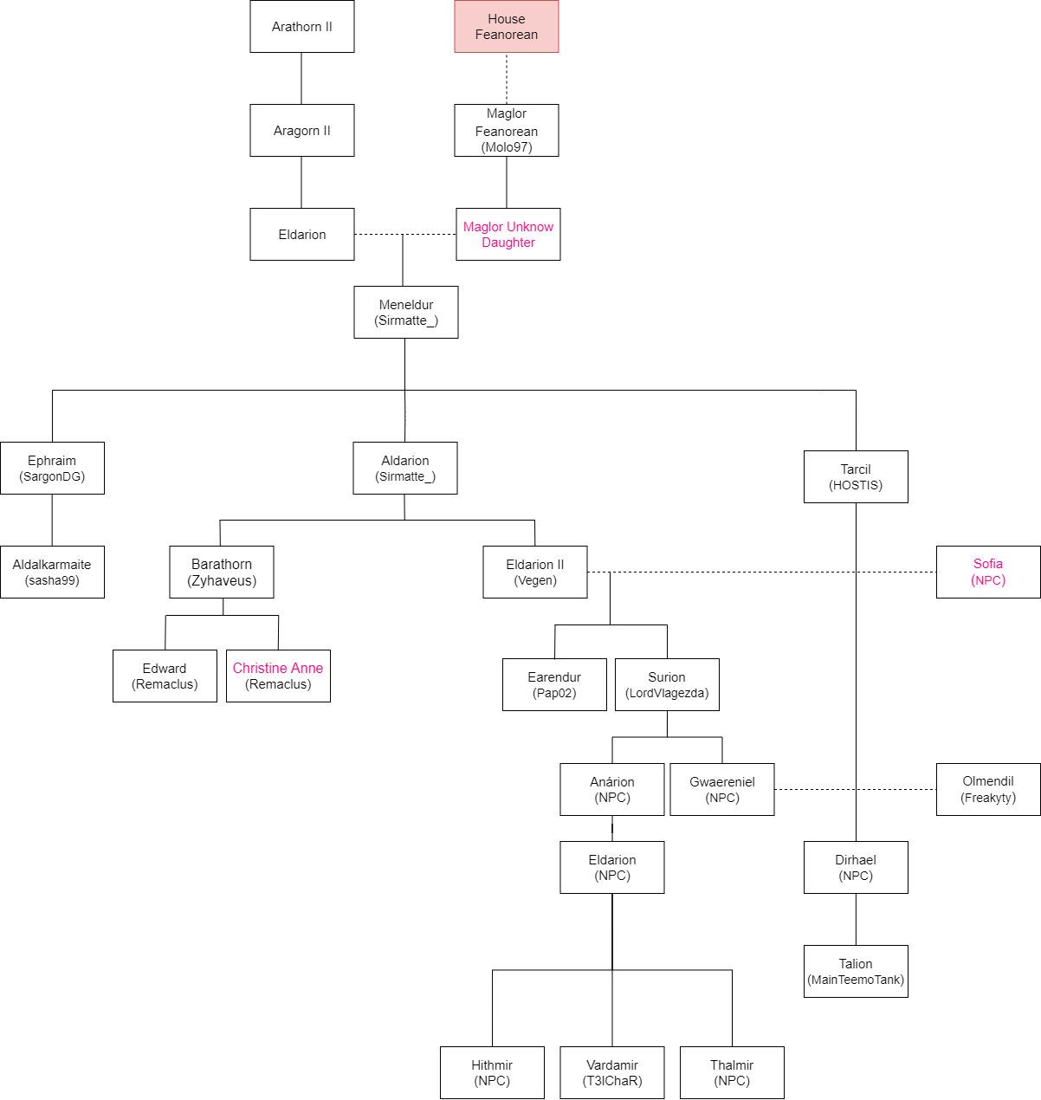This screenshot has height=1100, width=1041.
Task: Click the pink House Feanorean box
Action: pos(507,27)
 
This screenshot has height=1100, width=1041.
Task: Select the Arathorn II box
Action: pos(302,27)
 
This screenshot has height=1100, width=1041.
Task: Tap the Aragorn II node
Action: pos(302,131)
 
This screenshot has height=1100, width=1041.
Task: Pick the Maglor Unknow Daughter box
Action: pos(508,235)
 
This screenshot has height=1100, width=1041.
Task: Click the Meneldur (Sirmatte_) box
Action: pos(406,313)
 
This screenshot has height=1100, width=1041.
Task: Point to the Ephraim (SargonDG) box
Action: pos(52,469)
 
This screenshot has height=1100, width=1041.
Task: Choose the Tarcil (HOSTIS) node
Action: pos(856,477)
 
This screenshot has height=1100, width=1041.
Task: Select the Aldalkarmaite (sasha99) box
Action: pos(52,573)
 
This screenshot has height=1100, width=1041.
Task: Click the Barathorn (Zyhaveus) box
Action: pos(222,573)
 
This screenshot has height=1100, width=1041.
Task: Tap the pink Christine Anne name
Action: pos(278,668)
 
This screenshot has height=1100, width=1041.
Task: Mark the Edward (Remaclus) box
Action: pos(165,676)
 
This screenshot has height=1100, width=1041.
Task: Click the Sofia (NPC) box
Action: pos(988,573)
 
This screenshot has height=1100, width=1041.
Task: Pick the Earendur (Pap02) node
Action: pos(554,685)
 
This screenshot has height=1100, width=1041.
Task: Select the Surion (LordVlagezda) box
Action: pos(667,685)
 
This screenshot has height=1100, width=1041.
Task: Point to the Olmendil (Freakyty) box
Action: pos(988,790)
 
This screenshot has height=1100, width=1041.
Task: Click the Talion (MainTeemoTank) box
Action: pos(856,972)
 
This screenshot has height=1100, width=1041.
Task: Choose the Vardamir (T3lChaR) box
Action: pos(612,1073)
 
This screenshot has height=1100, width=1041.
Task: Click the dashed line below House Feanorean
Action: pos(507,79)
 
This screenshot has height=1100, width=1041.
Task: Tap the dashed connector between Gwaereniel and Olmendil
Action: pos(856,790)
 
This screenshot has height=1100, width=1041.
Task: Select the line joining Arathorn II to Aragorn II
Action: pos(301,79)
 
